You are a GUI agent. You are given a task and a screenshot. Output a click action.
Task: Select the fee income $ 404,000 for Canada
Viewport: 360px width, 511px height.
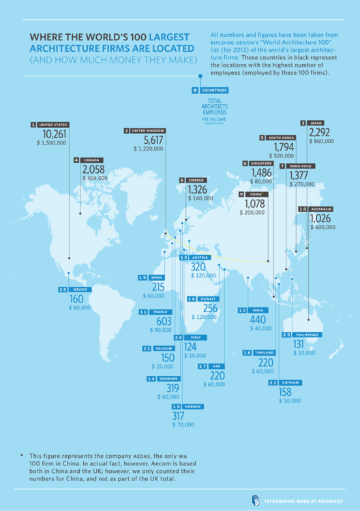95,177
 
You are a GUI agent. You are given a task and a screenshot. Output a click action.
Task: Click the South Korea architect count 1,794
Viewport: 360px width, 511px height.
284,147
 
